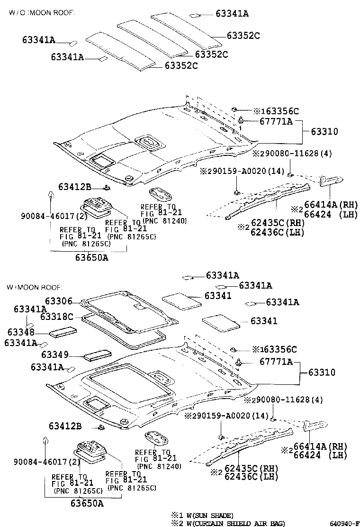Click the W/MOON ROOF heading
pos(34,288)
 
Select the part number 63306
pos(59,300)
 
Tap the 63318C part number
pos(56,316)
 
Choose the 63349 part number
pos(55,354)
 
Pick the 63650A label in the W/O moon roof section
pos(91,257)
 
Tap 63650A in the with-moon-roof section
pos(87,503)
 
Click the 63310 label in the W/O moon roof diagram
pos(324,131)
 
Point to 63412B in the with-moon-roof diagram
pos(65,427)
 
